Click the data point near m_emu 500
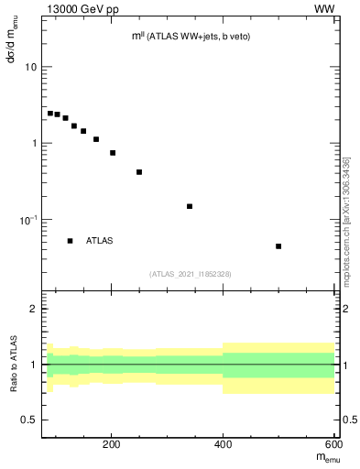coord(278,246)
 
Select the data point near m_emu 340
coord(190,206)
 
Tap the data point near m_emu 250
coord(139,172)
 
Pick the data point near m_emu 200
coord(113,153)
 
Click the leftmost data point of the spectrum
coord(50,114)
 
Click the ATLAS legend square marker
coord(70,241)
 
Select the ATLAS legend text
coord(100,241)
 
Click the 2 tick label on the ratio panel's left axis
coord(34,309)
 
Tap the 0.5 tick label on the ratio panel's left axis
coord(29,420)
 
